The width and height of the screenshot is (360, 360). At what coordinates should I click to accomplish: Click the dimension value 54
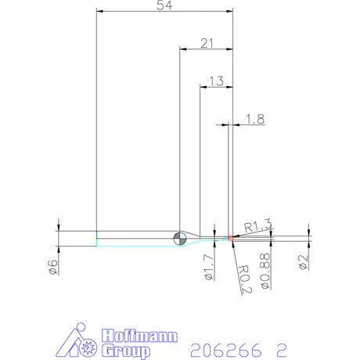click(x=165, y=5)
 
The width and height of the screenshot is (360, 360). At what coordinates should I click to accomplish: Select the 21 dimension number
click(x=207, y=43)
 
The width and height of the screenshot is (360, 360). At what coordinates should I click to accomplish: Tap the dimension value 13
click(x=217, y=81)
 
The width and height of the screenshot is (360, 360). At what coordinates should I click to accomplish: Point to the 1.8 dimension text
click(x=255, y=119)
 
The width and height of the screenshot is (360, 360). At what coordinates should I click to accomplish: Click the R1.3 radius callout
click(x=257, y=226)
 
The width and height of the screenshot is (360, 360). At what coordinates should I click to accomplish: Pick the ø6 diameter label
click(x=54, y=266)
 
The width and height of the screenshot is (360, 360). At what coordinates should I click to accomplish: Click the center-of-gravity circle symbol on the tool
click(x=179, y=236)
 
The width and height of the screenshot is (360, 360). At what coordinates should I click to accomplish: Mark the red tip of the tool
click(x=230, y=237)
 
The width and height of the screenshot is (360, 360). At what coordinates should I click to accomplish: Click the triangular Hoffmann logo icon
click(x=79, y=342)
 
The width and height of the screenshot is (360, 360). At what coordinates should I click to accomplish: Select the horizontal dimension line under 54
click(x=164, y=12)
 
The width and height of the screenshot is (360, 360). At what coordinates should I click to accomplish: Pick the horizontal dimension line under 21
click(x=207, y=49)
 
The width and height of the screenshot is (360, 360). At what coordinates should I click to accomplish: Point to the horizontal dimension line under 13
click(x=217, y=87)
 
